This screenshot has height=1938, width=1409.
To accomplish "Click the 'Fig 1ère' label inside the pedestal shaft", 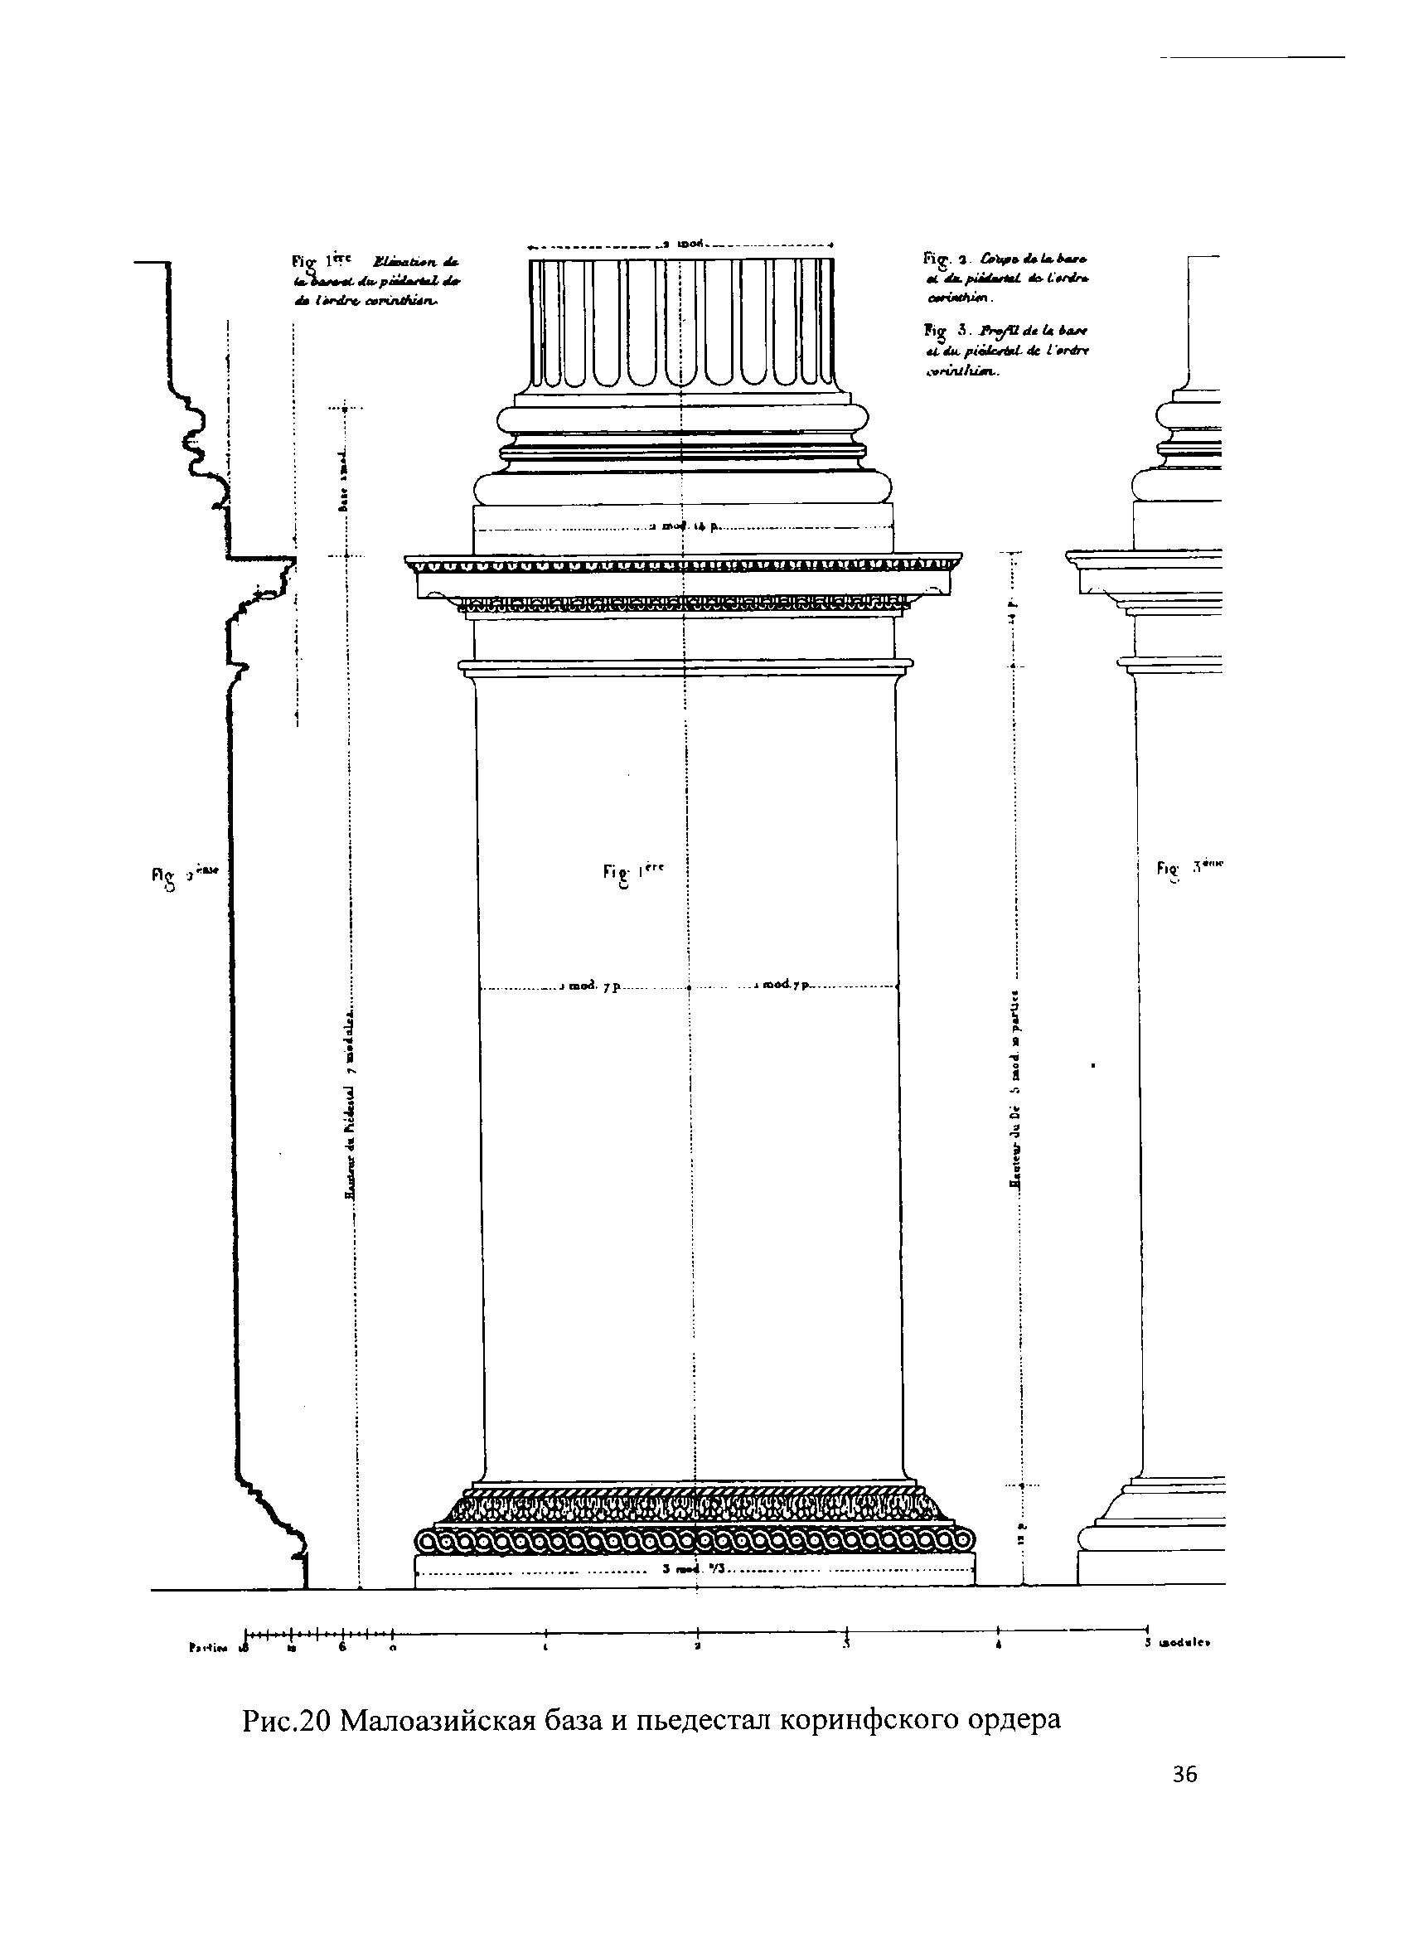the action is [632, 871].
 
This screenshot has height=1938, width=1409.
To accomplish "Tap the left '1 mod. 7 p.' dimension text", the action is [588, 986].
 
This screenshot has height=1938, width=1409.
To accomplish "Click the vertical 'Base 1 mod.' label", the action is [342, 479].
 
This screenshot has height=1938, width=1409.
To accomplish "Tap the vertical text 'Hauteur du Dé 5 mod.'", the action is [1017, 1085].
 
